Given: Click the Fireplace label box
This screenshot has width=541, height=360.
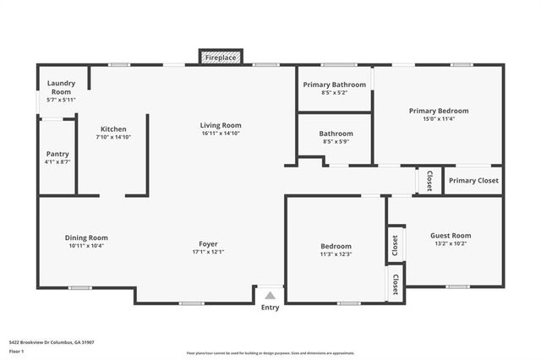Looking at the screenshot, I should (x=221, y=57).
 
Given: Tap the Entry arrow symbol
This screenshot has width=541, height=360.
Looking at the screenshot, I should (x=270, y=296).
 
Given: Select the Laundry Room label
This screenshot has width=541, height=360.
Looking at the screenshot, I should (x=60, y=88).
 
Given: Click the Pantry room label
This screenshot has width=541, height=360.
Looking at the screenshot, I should (x=57, y=154).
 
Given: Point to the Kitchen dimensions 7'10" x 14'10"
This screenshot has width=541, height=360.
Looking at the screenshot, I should (x=113, y=137).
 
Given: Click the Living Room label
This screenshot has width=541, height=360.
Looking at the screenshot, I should (x=221, y=125).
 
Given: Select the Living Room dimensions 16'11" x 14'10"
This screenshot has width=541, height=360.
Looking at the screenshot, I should (x=221, y=134).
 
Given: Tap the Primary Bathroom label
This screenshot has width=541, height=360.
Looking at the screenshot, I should (x=335, y=85).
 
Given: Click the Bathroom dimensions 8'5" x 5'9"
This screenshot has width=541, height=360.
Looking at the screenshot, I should (x=335, y=142).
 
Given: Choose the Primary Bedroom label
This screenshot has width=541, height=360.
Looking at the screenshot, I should (x=438, y=111).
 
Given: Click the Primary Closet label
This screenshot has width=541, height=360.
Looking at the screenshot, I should (x=473, y=181).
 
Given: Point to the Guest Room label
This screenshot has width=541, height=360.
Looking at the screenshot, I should (x=451, y=236).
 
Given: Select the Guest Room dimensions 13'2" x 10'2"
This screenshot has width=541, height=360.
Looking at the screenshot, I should (x=451, y=244).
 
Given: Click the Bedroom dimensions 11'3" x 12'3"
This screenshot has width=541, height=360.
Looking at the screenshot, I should (x=335, y=254).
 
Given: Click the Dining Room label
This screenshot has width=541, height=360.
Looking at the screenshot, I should (x=86, y=237).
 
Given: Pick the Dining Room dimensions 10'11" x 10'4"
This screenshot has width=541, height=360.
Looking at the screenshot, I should (x=86, y=246).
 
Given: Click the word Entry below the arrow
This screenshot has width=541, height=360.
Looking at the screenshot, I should (x=270, y=308).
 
